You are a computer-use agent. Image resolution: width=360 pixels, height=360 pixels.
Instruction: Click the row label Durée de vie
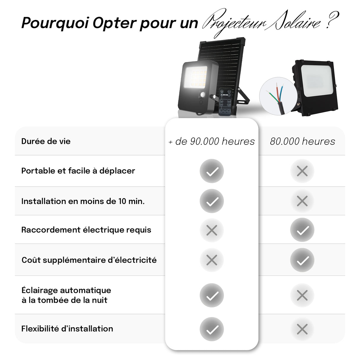(46, 141)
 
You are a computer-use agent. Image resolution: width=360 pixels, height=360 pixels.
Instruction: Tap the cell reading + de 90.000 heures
(211, 141)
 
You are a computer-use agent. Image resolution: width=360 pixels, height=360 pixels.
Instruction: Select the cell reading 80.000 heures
(302, 141)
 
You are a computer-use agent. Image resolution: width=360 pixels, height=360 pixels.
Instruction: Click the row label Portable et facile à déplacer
(78, 171)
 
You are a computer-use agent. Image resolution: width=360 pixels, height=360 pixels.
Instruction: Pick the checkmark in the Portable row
(212, 171)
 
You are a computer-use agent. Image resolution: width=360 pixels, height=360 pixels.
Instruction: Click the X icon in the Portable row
(302, 171)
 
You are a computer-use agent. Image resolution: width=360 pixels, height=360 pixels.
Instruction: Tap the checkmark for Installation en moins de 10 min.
(212, 201)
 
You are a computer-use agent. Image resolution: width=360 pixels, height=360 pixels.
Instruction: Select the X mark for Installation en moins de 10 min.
(302, 201)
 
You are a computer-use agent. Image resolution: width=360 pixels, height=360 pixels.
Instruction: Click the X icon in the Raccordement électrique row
(212, 230)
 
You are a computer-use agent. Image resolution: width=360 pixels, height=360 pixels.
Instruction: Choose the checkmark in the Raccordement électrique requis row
(302, 230)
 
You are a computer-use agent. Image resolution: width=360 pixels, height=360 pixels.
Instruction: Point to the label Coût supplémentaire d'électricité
(89, 260)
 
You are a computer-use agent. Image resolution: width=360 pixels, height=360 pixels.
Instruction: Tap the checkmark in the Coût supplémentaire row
(302, 260)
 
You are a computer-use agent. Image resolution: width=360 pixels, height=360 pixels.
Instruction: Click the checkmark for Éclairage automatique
(212, 295)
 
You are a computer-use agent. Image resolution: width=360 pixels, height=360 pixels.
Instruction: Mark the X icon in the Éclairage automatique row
(302, 295)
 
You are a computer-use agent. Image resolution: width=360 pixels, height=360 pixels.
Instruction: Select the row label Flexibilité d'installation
(67, 329)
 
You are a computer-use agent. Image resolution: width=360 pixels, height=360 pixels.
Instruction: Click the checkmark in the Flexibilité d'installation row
(212, 329)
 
